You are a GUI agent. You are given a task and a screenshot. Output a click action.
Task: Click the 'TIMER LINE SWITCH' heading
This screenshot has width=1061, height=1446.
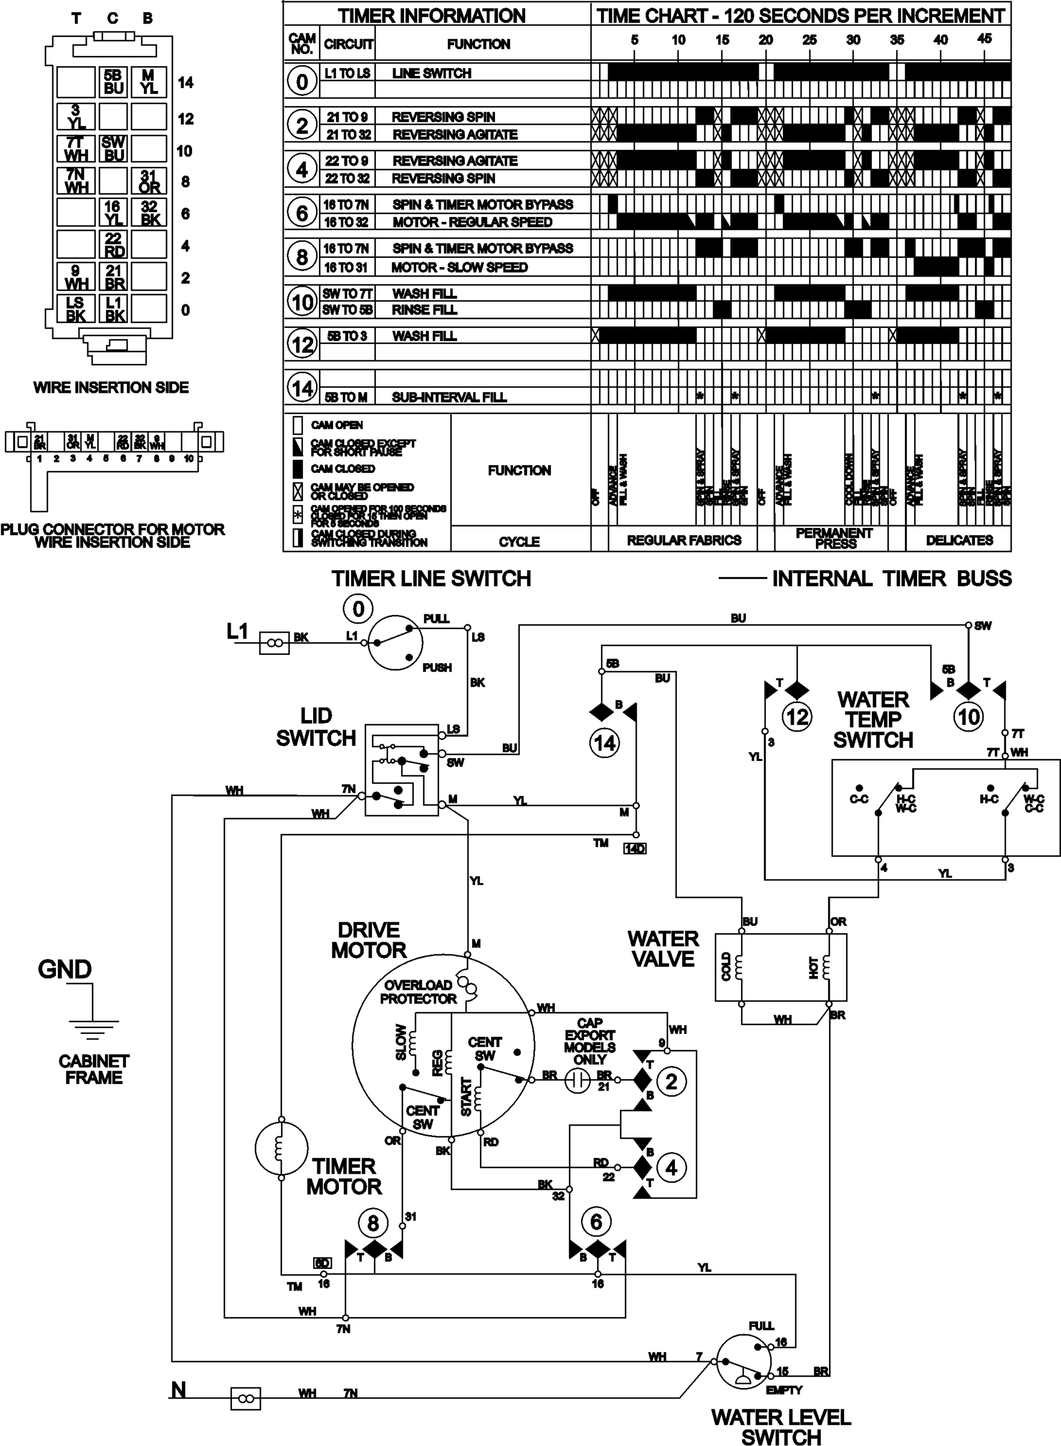pyautogui.click(x=431, y=578)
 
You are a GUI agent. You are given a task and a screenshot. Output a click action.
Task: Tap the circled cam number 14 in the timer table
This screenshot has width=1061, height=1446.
pyautogui.click(x=302, y=387)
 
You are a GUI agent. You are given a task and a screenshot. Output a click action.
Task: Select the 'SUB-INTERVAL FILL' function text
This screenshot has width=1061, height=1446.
pyautogui.click(x=449, y=397)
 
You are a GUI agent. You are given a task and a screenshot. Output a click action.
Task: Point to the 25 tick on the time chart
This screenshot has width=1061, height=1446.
pyautogui.click(x=809, y=40)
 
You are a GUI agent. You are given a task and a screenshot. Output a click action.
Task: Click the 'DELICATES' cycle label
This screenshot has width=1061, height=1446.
pyautogui.click(x=959, y=540)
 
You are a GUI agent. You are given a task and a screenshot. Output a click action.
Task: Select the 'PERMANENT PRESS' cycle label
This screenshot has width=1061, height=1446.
pyautogui.click(x=833, y=538)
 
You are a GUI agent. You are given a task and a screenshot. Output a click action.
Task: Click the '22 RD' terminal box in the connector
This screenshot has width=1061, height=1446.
pyautogui.click(x=114, y=245)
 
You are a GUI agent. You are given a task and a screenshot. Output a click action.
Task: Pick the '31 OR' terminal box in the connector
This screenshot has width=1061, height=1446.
pyautogui.click(x=149, y=181)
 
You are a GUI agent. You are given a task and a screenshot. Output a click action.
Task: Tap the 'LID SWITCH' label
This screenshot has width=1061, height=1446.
pyautogui.click(x=316, y=727)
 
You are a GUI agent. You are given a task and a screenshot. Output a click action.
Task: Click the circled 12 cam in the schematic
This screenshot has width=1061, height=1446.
pyautogui.click(x=797, y=716)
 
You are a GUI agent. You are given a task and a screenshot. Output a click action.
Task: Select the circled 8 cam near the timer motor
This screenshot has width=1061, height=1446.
pyautogui.click(x=373, y=1223)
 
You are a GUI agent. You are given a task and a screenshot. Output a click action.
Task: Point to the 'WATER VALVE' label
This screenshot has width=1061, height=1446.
pyautogui.click(x=663, y=948)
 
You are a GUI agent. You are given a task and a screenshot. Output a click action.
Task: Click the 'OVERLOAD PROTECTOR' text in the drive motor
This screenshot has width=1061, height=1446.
pyautogui.click(x=417, y=992)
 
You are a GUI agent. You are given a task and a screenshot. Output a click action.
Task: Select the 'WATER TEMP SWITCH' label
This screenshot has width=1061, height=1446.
pyautogui.click(x=873, y=720)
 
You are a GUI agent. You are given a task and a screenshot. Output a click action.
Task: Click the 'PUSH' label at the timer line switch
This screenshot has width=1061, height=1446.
pyautogui.click(x=437, y=667)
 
